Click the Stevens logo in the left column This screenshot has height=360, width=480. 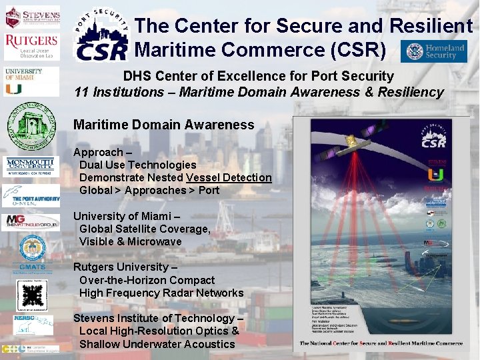32,16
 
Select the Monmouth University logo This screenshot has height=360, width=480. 32,167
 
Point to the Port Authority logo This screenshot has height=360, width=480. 32,196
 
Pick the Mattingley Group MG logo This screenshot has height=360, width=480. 32,221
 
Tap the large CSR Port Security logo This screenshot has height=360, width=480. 101,35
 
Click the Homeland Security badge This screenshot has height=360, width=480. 434,51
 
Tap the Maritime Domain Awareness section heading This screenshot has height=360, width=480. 163,125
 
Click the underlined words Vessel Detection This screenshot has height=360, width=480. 229,177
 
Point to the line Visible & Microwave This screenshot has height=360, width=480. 130,241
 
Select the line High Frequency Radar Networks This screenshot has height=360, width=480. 161,293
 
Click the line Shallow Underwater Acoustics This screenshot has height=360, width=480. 157,344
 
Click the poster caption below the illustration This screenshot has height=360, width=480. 381,344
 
